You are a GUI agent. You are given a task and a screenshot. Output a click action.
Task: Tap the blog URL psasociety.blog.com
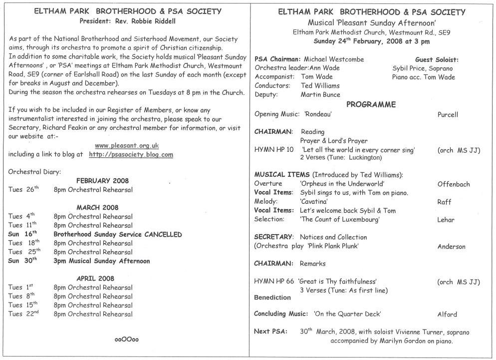coord(131,155)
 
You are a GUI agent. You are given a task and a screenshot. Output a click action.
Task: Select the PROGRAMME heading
coord(371,104)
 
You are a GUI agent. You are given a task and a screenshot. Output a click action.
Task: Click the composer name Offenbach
coord(453,184)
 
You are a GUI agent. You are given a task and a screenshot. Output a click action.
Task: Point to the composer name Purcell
coord(447,114)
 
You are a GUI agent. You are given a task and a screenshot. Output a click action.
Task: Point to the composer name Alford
coord(447,315)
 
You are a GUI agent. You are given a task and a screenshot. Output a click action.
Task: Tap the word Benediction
coord(272,298)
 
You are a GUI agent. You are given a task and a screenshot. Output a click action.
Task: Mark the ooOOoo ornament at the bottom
coord(127,340)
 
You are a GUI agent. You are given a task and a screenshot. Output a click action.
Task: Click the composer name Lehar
coord(446,220)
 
